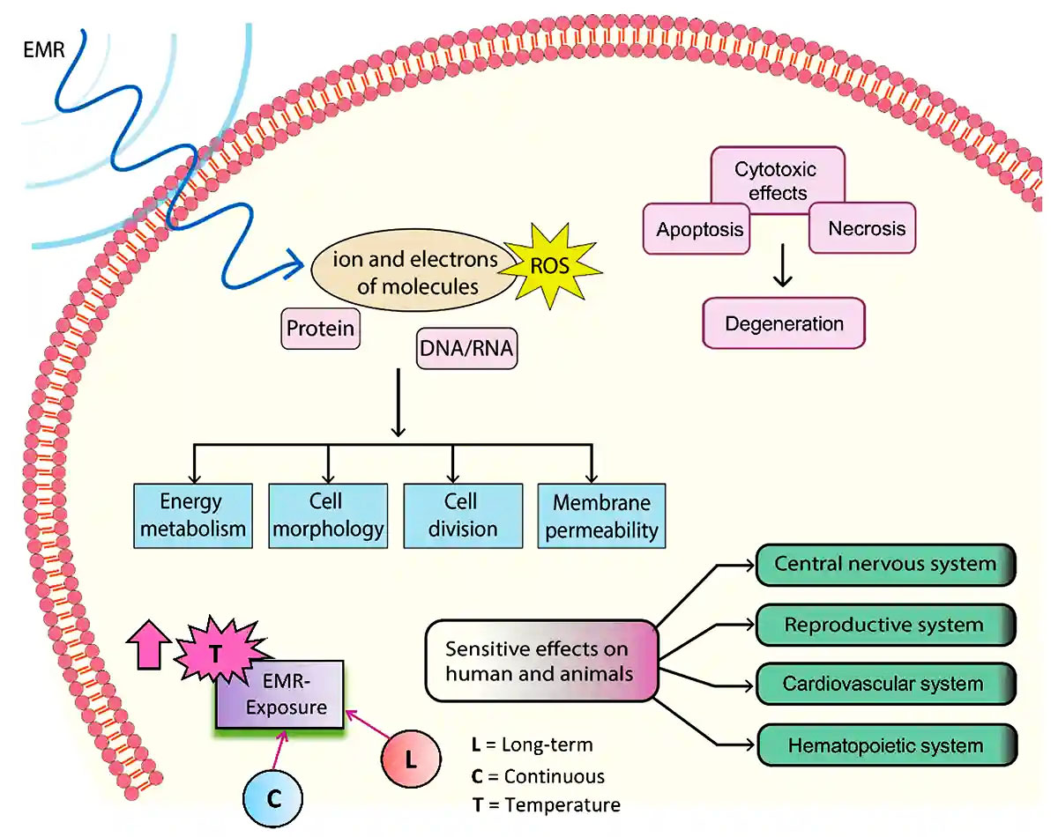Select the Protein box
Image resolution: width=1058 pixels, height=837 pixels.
click(x=321, y=329)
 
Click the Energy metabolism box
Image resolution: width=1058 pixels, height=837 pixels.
click(x=191, y=515)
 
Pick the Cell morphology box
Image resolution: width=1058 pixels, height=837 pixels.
click(x=328, y=515)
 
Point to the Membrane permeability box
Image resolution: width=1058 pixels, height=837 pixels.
click(x=600, y=515)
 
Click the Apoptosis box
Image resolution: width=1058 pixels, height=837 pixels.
click(x=698, y=230)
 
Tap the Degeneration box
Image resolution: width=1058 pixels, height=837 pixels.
click(x=784, y=322)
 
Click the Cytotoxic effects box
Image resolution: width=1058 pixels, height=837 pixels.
click(x=776, y=180)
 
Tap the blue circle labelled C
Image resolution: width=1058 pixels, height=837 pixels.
click(x=273, y=798)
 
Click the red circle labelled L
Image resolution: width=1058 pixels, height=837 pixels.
click(x=411, y=757)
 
